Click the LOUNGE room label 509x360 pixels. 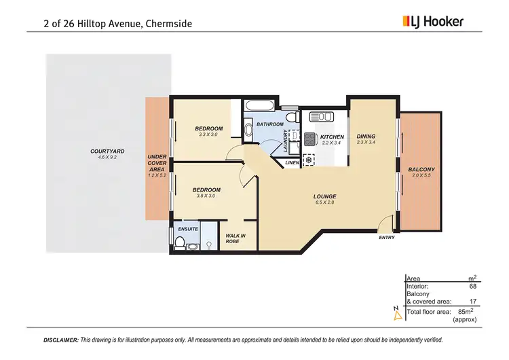(326, 197)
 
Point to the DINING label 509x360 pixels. (366, 137)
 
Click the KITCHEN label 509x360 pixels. (333, 137)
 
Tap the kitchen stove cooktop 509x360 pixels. (310, 139)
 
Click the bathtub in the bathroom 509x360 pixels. (260, 107)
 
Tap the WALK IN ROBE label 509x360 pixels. (235, 238)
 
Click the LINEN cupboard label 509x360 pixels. (292, 163)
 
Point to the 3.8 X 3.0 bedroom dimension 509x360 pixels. (206, 196)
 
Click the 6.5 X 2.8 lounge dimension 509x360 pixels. (326, 202)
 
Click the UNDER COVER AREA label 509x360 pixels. (157, 166)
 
